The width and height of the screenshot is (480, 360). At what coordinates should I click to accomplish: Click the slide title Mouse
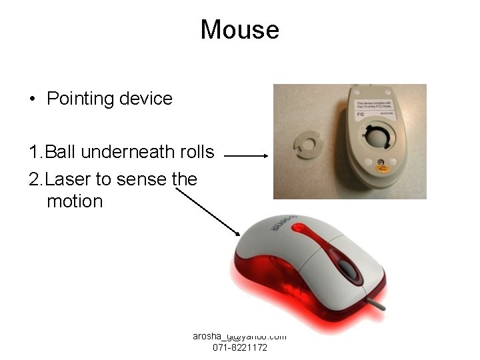pyautogui.click(x=239, y=30)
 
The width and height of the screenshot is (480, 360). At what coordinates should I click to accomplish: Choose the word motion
pyautogui.click(x=75, y=201)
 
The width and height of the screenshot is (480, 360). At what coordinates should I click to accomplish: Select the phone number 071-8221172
pyautogui.click(x=240, y=348)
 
